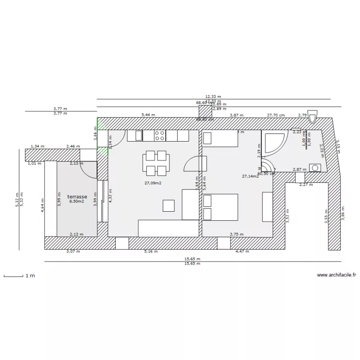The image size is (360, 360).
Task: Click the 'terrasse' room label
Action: pos(77,197)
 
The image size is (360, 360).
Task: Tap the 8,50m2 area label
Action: pos(77,202)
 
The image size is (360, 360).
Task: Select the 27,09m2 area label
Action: pos(153,183)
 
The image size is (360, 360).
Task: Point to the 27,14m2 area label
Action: pos(251,176)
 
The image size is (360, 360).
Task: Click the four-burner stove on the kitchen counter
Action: pos(159,135)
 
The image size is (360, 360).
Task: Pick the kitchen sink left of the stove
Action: pos(135,135)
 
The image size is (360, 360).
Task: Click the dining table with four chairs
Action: pos(156,163)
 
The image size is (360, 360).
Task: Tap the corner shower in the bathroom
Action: pos(274,143)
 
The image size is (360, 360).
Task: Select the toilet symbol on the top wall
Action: pos(313,116)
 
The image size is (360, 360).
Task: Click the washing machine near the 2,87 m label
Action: pos(315,168)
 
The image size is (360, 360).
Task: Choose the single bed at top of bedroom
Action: pos(220,139)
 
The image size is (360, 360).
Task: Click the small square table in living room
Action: pos(168,205)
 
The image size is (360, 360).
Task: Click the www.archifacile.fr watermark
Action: pos(336,275)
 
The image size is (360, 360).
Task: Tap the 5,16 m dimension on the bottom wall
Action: pos(152,251)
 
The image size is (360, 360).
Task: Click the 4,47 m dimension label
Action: pos(241,251)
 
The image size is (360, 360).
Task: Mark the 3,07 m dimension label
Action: pos(73,251)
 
